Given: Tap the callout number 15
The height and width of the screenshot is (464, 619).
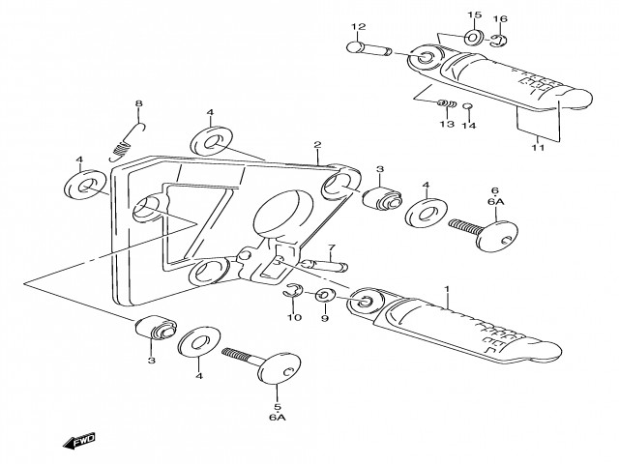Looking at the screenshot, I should tap(475, 16).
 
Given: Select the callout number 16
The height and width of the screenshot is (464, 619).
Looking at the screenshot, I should tap(500, 19).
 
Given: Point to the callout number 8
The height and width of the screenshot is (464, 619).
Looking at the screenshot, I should tap(138, 103).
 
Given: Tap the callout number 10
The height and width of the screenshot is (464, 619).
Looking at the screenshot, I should tap(294, 317).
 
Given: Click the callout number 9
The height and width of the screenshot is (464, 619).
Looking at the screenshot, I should tap(325, 317).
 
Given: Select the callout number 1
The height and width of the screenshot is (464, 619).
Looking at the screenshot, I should tap(447, 289).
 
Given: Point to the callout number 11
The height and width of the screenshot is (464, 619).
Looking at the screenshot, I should tap(539, 148).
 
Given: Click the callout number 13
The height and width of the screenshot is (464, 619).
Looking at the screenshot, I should tap(446, 125).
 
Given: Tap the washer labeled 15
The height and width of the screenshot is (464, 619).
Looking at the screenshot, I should tap(474, 38).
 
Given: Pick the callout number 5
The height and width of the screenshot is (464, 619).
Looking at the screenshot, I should tap(277, 407).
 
